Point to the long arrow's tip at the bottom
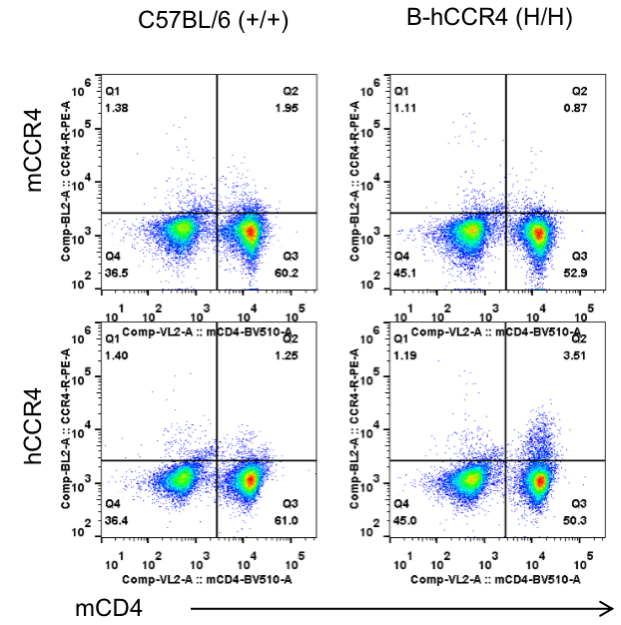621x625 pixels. tap(610, 605)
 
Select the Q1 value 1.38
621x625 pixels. tap(119, 107)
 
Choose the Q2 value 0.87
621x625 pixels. tap(580, 107)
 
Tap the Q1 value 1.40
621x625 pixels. tap(119, 354)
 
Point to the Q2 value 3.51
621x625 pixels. tap(579, 354)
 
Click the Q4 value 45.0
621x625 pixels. tap(406, 521)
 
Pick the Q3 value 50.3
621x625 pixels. tap(579, 521)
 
